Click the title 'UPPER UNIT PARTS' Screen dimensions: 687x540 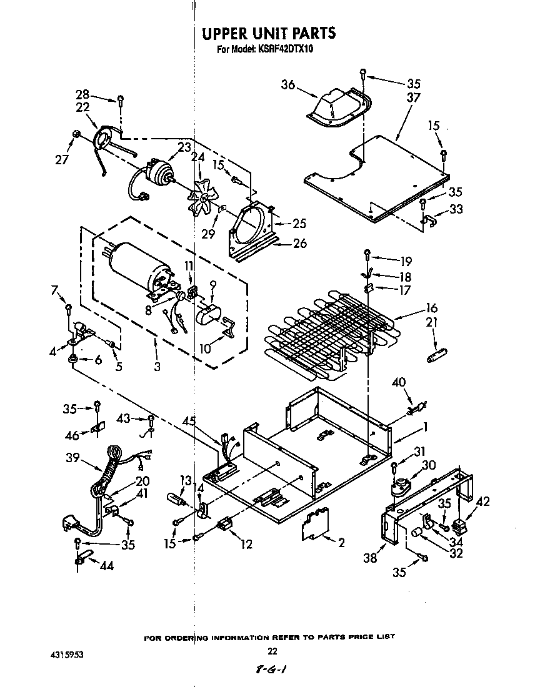coord(269,33)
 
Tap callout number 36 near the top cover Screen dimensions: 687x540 coord(287,86)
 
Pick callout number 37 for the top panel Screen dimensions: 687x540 coord(413,97)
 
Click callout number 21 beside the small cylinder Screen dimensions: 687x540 coord(431,322)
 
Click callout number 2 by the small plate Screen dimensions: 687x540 coord(341,543)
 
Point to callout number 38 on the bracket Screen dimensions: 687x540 coord(371,557)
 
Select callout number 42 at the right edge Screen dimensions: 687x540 coord(483,501)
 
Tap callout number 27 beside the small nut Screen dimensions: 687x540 coord(61,159)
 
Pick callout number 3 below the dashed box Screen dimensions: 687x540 coord(157,367)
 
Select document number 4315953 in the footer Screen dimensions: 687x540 coord(64,655)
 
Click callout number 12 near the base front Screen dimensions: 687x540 coord(246,544)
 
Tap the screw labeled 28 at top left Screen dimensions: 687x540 coord(120,100)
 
